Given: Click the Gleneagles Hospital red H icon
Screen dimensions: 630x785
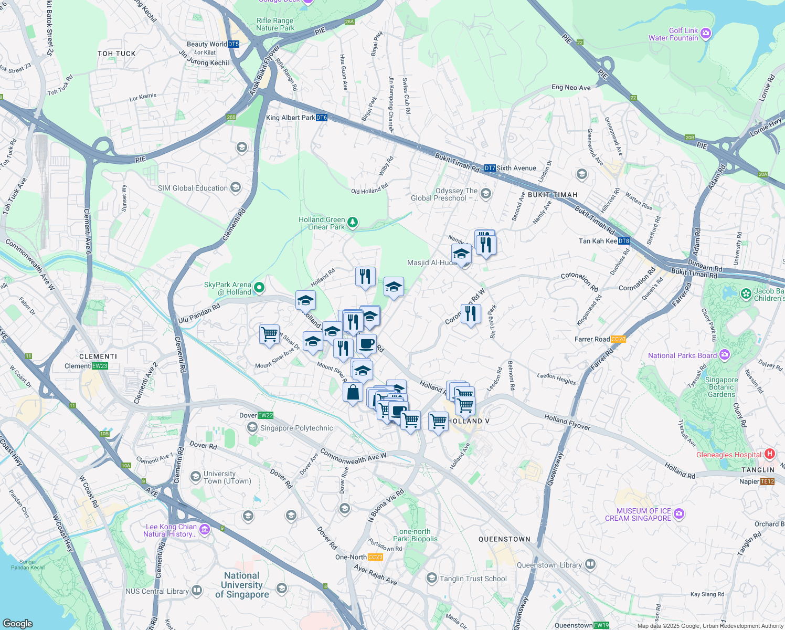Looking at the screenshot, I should point(769,454).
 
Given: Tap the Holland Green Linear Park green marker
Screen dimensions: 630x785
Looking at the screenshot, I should point(353,223).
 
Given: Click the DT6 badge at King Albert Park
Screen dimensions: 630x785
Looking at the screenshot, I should point(322,118).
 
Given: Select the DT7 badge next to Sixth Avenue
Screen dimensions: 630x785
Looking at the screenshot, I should point(490,168).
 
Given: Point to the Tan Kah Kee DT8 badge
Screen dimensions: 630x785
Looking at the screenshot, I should point(623,241).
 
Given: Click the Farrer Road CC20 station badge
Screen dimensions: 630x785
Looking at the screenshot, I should point(619,339).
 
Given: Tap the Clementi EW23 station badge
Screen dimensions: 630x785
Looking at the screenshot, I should point(100,366).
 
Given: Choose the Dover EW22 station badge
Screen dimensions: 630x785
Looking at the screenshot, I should point(266,415).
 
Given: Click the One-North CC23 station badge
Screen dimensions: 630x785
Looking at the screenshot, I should point(375,557).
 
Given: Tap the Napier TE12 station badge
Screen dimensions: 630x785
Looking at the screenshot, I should point(767,481).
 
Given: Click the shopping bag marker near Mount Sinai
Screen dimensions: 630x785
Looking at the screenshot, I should point(353,392).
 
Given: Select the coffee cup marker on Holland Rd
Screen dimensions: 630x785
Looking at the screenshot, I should point(366,344).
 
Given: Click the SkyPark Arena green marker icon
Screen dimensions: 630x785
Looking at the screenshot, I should point(259,288).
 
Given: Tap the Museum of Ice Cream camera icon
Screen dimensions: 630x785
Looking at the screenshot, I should point(679,513).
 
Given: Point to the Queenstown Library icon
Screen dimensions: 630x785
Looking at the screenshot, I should point(590,564).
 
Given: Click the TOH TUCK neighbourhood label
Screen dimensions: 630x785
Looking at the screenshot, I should point(116,54).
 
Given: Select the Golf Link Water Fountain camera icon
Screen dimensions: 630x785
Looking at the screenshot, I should point(706,34).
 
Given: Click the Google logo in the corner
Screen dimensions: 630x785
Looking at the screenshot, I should point(17,624).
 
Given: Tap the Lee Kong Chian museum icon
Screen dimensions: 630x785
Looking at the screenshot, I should point(205,530).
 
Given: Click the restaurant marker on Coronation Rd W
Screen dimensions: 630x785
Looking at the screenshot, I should point(471,313).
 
